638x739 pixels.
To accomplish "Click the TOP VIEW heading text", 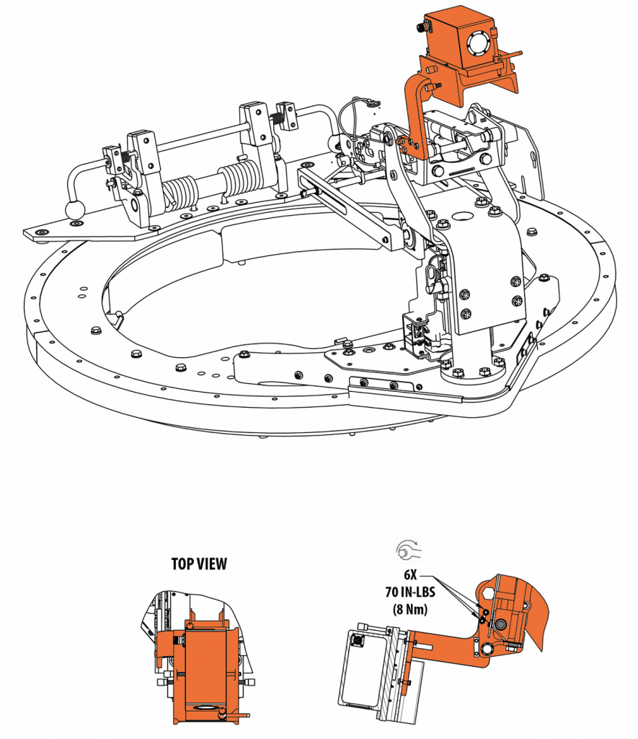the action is [x=199, y=564].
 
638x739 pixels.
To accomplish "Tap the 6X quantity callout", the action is [x=410, y=575].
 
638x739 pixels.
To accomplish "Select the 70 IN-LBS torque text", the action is [x=410, y=592].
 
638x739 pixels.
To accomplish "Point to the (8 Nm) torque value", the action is [x=410, y=608].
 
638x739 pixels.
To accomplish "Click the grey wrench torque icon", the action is [x=408, y=550].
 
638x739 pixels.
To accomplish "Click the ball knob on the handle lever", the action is [x=75, y=210].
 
